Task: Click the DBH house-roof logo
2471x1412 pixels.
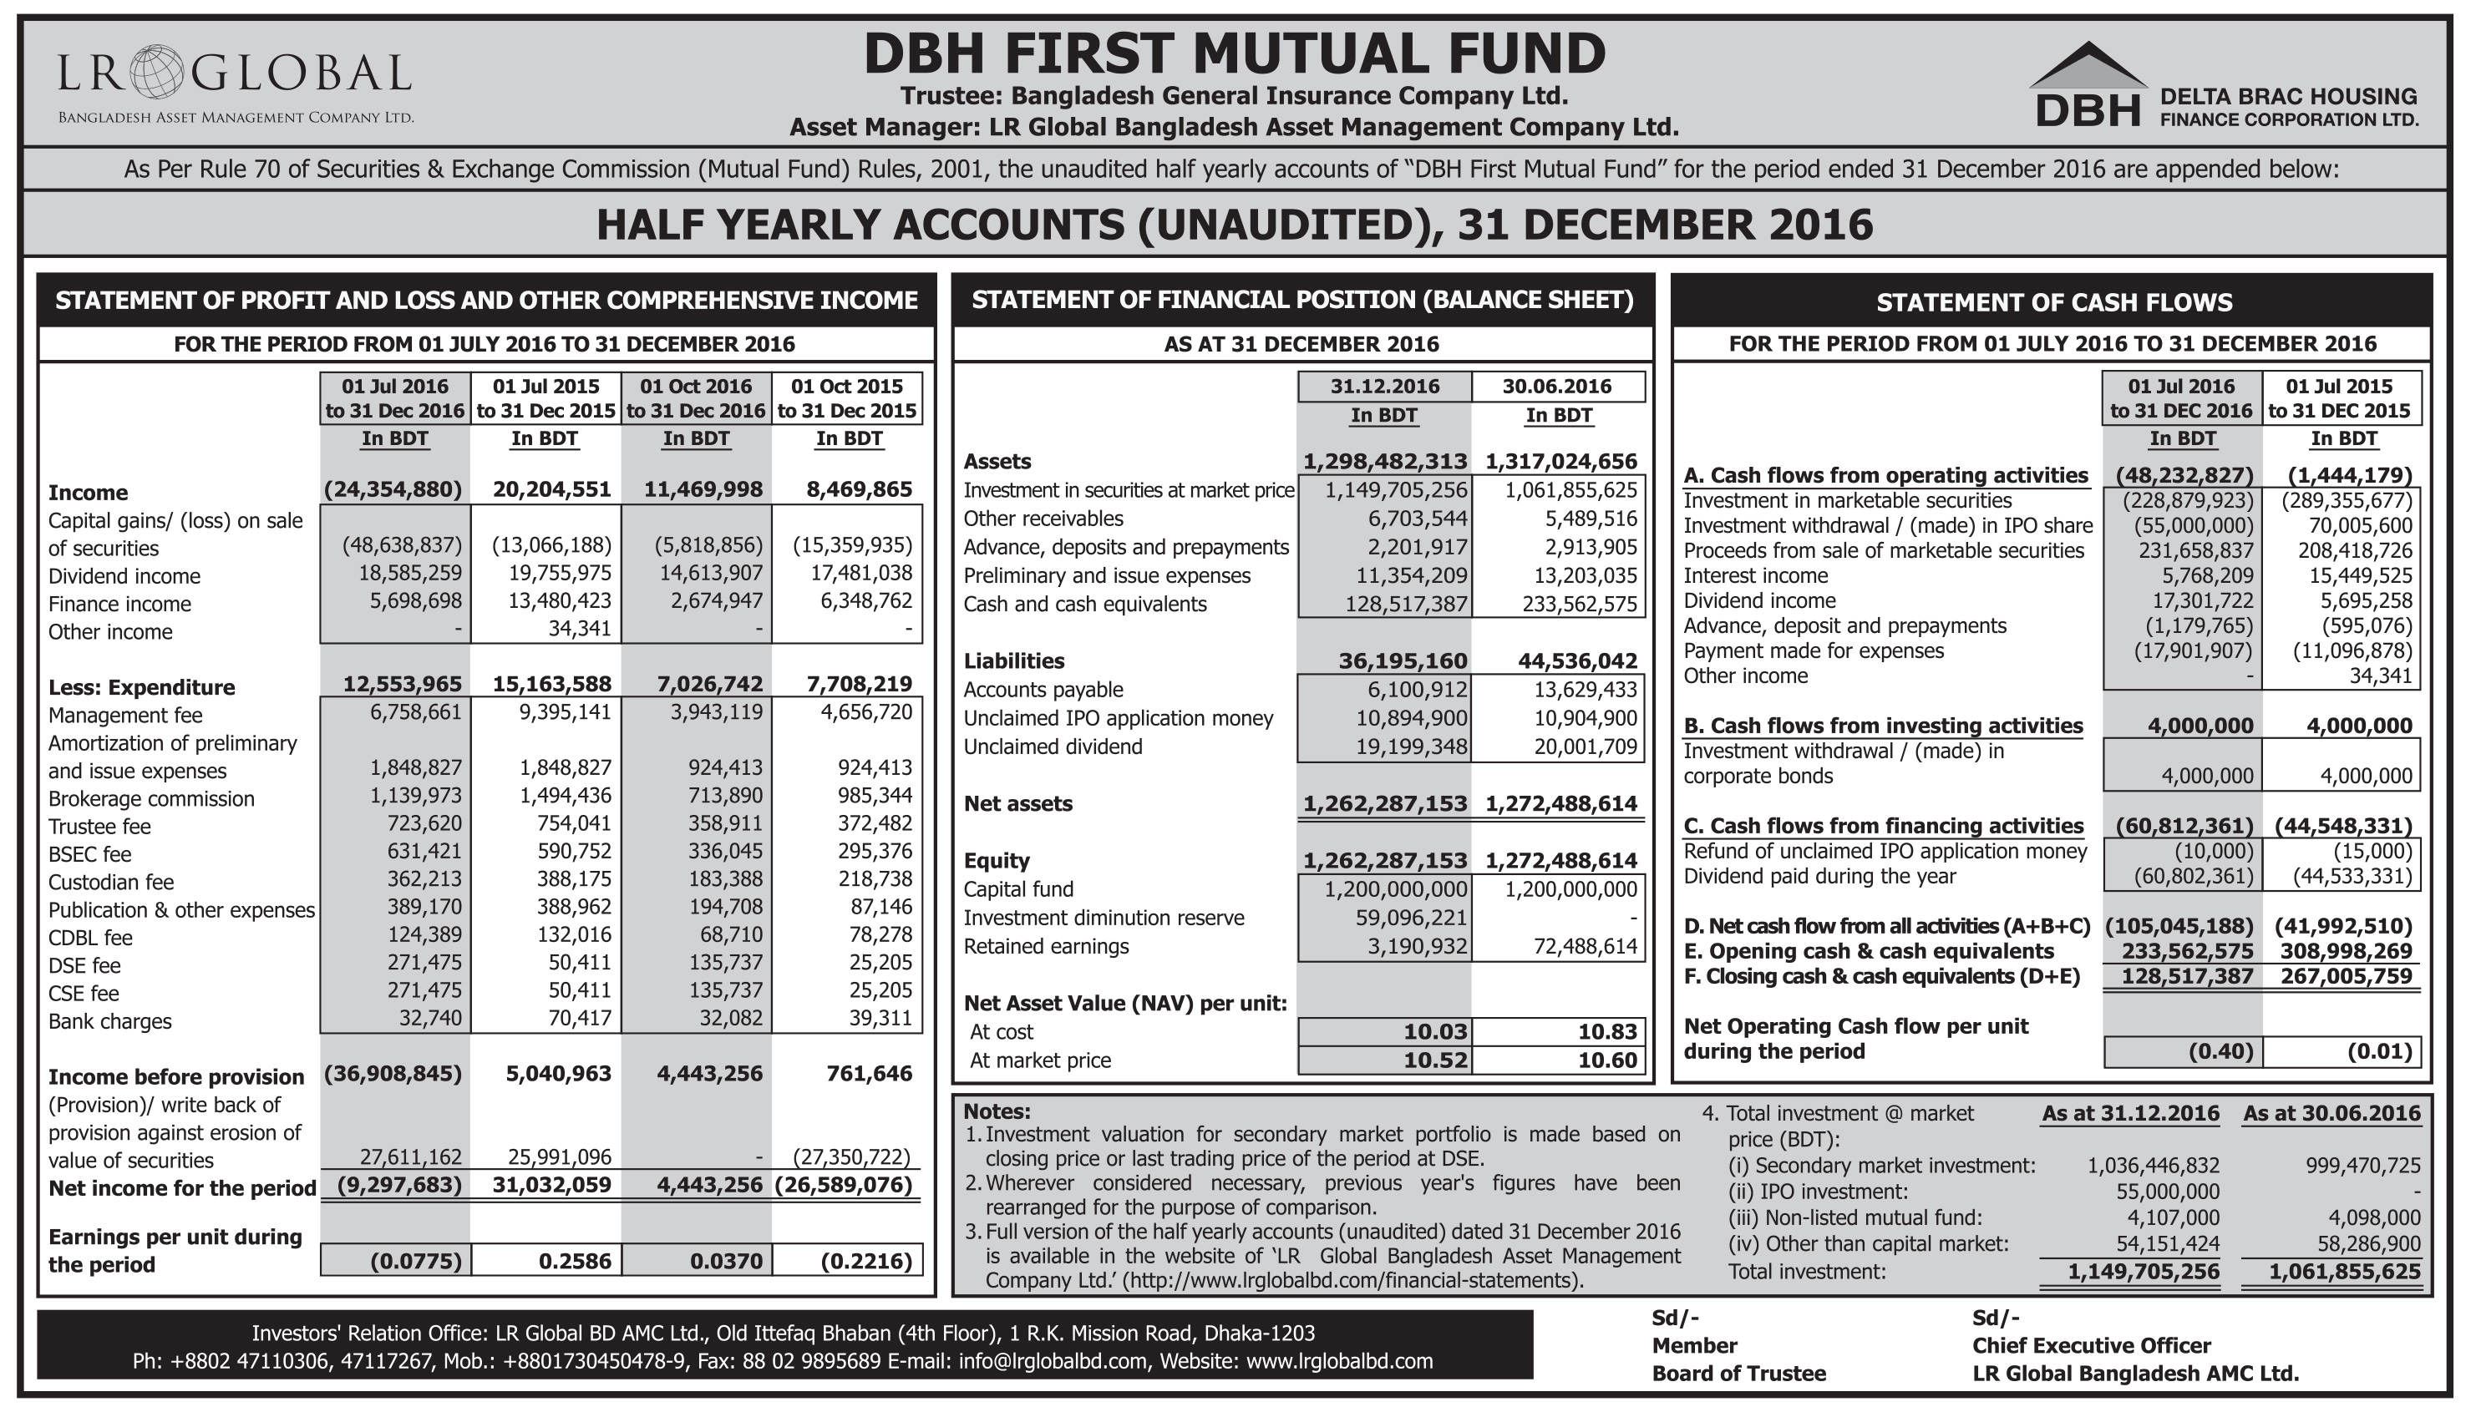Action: coord(2088,67)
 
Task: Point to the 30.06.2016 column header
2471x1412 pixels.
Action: coord(1557,386)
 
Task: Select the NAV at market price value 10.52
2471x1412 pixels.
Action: coord(1436,1060)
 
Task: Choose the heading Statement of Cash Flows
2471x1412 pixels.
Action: coord(2052,302)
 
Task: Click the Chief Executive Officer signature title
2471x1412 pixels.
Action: coord(2091,1345)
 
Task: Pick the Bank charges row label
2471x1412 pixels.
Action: coord(109,1021)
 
